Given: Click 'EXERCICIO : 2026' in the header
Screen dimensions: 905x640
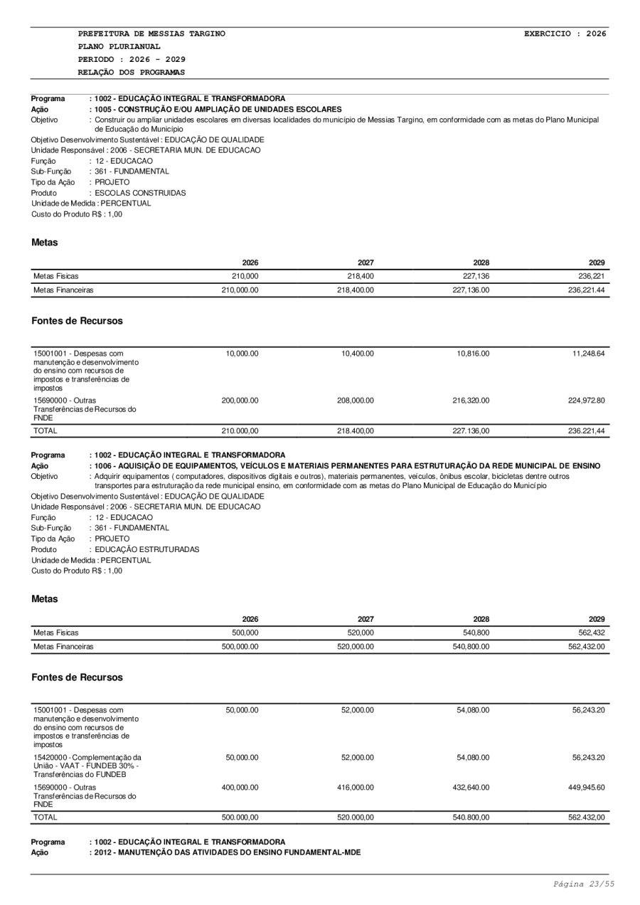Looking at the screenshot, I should [x=565, y=33].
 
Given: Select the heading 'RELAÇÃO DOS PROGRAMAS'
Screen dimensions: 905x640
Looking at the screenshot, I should [x=132, y=73].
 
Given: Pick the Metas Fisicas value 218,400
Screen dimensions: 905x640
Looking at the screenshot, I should [x=360, y=275].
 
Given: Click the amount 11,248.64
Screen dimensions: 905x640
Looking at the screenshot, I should [x=587, y=354].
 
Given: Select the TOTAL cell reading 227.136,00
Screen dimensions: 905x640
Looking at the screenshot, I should [x=471, y=431].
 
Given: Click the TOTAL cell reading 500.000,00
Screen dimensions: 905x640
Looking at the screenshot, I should [x=240, y=818].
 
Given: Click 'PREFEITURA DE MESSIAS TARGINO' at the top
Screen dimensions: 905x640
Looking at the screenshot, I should [x=151, y=33].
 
